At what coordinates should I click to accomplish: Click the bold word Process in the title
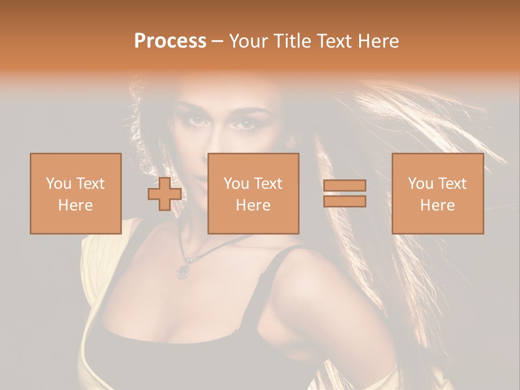[x=170, y=41]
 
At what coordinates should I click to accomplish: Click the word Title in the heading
[x=292, y=41]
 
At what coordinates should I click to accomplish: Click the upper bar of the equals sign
[x=344, y=186]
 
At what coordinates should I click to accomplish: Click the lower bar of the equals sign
[x=344, y=201]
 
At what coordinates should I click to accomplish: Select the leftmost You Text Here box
[x=75, y=193]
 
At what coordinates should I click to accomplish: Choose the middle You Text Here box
[x=253, y=193]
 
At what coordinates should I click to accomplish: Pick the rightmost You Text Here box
[x=437, y=193]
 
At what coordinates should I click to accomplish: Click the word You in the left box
[x=58, y=184]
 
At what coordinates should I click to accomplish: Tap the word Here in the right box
[x=437, y=205]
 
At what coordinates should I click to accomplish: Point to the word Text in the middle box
[x=268, y=184]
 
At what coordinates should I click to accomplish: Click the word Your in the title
[x=249, y=41]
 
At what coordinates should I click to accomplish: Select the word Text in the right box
[x=452, y=184]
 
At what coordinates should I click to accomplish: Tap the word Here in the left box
[x=75, y=205]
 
